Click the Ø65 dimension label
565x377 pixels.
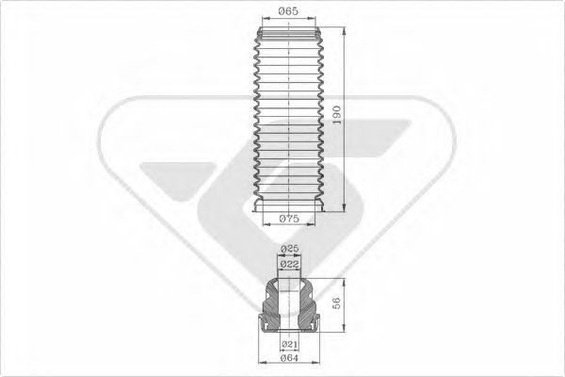pyautogui.click(x=289, y=11)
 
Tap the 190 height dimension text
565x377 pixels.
pyautogui.click(x=336, y=115)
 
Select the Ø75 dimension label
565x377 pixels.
pyautogui.click(x=289, y=219)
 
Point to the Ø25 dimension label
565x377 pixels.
pyautogui.click(x=289, y=249)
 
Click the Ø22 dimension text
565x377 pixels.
pyautogui.click(x=289, y=265)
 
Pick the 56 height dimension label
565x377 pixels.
pyautogui.click(x=336, y=303)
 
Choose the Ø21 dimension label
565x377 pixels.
pyautogui.click(x=289, y=344)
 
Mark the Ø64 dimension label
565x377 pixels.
pyautogui.click(x=289, y=358)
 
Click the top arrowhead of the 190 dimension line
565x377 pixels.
pyautogui.click(x=345, y=31)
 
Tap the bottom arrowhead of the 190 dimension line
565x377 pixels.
pyautogui.click(x=345, y=207)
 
